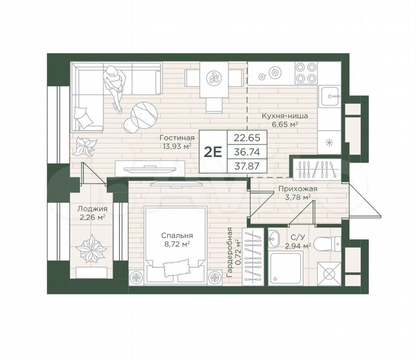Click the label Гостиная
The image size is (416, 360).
(177, 138)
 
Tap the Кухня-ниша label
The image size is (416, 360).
(285, 116)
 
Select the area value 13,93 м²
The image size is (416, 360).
(176, 145)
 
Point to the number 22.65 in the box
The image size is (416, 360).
(246, 138)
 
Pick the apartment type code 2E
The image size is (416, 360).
(213, 152)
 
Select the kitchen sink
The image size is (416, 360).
(330, 96)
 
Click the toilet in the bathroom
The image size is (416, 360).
(327, 244)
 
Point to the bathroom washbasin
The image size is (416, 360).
(273, 238)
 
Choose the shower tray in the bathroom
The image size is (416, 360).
(285, 269)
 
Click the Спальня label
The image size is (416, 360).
(177, 235)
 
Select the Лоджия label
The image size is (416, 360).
(92, 209)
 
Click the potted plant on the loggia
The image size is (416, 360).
(91, 249)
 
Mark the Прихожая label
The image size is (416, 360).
(298, 189)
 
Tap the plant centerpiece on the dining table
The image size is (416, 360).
(213, 78)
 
